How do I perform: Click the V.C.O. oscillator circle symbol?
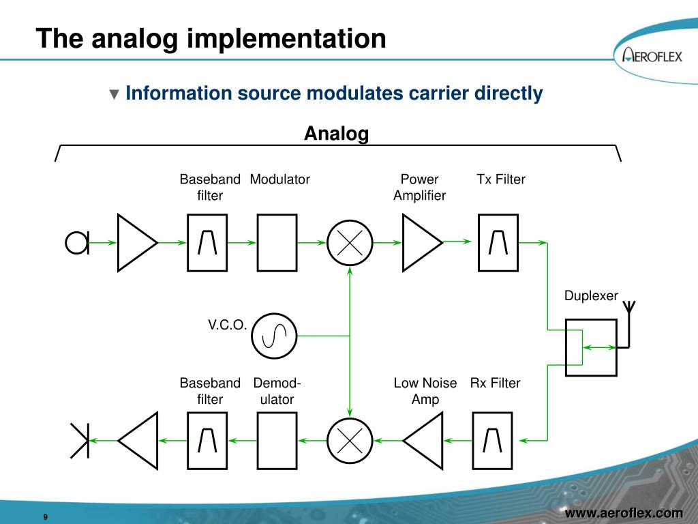(274, 336)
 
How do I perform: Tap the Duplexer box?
(591, 347)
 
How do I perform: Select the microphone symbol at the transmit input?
(77, 242)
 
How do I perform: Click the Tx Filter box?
(498, 242)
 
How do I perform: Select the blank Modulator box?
(277, 242)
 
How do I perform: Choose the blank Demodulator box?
(277, 441)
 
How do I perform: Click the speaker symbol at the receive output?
(80, 441)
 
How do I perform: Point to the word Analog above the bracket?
(336, 134)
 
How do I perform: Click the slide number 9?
(45, 516)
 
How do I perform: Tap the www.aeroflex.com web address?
(624, 513)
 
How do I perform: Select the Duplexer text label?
(591, 296)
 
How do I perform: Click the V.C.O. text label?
(227, 325)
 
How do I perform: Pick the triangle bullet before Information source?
(115, 94)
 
